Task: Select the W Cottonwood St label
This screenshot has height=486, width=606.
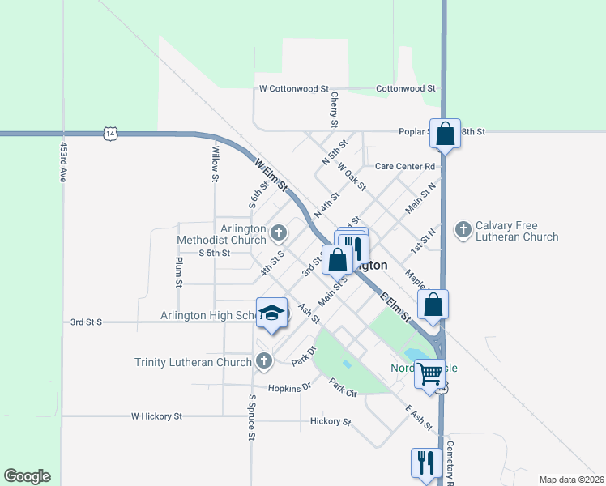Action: pyautogui.click(x=293, y=88)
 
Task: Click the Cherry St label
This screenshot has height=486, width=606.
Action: pyautogui.click(x=334, y=109)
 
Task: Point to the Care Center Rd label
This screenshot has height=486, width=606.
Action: pyautogui.click(x=405, y=166)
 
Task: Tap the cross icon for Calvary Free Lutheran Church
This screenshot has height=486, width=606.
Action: pyautogui.click(x=463, y=230)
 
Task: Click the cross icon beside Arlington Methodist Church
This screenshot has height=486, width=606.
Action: pyautogui.click(x=279, y=234)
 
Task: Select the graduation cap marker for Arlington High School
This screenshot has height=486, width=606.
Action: pyautogui.click(x=272, y=313)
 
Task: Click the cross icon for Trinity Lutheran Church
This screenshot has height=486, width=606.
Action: pyautogui.click(x=262, y=361)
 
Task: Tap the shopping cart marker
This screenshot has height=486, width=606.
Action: pyautogui.click(x=430, y=373)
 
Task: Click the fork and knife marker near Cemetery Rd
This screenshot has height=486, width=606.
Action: pyautogui.click(x=425, y=463)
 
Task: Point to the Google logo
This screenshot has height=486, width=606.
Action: pyautogui.click(x=27, y=476)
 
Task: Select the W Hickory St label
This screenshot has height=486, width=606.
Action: pyautogui.click(x=156, y=416)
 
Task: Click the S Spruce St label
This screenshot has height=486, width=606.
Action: pyautogui.click(x=252, y=418)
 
